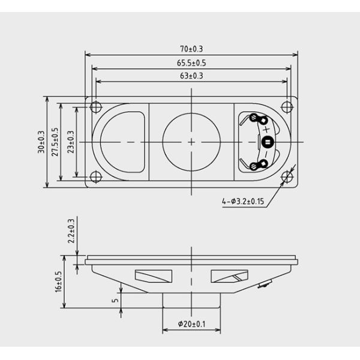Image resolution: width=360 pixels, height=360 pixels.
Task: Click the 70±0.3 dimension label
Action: [x=191, y=49]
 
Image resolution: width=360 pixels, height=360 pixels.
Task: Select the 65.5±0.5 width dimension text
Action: [x=191, y=62]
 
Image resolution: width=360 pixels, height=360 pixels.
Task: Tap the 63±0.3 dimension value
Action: [x=191, y=76]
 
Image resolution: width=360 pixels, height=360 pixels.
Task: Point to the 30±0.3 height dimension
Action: [x=41, y=142]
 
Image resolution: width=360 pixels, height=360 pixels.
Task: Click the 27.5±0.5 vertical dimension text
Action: [x=55, y=142]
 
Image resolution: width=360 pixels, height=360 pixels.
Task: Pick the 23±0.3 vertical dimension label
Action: [x=71, y=142]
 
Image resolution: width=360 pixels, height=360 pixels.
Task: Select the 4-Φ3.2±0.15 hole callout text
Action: [x=243, y=202]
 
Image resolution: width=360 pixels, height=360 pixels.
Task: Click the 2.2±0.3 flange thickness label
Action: [x=71, y=231]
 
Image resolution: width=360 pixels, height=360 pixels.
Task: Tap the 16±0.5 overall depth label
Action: [x=58, y=282]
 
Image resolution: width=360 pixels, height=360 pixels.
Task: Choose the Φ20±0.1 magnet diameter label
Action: [x=191, y=324]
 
